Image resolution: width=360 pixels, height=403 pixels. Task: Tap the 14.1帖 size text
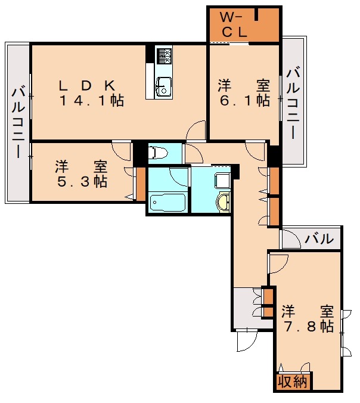[x=91, y=101]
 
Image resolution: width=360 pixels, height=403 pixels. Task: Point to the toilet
[x=157, y=153]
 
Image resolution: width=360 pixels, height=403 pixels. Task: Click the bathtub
[x=167, y=203]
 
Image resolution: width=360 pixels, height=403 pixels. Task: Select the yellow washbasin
[x=223, y=203]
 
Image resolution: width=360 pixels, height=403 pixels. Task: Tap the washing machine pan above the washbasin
[x=222, y=179]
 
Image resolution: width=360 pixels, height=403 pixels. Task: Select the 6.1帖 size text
[x=244, y=101]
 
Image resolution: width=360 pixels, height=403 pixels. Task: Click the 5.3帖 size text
[x=82, y=181]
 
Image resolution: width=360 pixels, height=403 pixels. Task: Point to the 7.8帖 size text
[x=308, y=326]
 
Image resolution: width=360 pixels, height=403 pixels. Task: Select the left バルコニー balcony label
[x=18, y=122]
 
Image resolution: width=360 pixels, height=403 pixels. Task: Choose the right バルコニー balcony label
[x=293, y=103]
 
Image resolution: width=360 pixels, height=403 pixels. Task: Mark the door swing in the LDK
[x=195, y=131]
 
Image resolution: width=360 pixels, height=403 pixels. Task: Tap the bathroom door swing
[x=179, y=177]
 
